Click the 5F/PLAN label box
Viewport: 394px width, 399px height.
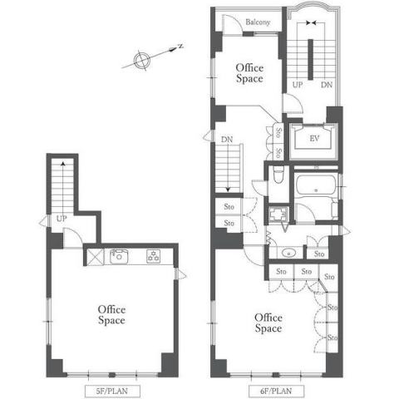pos(112,392)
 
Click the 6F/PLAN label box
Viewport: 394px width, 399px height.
pos(276,392)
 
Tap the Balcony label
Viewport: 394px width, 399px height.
pos(258,22)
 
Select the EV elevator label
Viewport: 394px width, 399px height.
pos(314,138)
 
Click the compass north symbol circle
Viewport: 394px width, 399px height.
pos(142,60)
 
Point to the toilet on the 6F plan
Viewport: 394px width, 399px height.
pos(278,175)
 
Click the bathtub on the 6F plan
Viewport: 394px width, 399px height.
pos(316,185)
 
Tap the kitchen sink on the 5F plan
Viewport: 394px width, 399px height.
pos(119,257)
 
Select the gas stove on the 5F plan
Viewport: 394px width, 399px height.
pos(153,257)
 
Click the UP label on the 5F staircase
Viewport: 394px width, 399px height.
pos(62,219)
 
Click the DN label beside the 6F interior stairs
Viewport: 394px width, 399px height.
pos(227,140)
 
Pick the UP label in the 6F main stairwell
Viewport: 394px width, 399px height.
pos(298,85)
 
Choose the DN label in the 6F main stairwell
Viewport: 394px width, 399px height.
pos(327,85)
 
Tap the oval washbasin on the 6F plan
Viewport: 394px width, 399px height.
pos(288,253)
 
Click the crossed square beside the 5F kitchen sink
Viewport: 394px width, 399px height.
pos(95,257)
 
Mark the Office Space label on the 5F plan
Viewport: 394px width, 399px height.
pos(111,315)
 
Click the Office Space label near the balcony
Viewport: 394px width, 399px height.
pos(249,73)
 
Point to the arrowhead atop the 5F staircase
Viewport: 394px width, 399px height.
pos(63,164)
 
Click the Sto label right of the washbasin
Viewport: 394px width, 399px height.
pos(319,254)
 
